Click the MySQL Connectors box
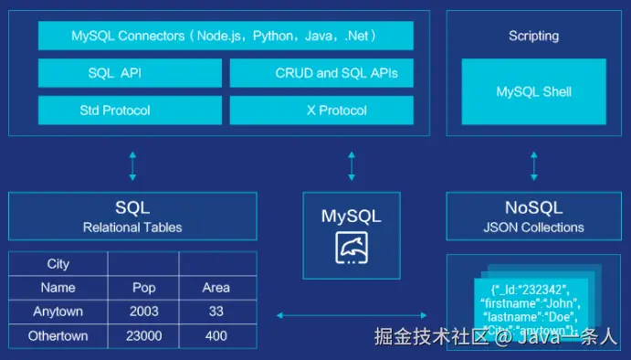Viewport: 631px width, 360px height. [x=226, y=36]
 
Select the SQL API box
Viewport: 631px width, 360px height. [x=130, y=73]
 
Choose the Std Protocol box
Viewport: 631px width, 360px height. [x=130, y=111]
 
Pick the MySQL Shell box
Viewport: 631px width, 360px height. [x=533, y=91]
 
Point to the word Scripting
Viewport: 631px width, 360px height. [x=533, y=36]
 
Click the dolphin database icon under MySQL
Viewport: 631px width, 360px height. [x=351, y=248]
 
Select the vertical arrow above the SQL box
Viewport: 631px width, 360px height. [x=132, y=165]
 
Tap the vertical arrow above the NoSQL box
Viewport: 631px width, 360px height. [x=533, y=165]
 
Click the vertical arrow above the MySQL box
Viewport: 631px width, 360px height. [x=352, y=165]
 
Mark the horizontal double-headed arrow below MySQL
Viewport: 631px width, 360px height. [x=351, y=315]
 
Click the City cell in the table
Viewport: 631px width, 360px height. [x=58, y=264]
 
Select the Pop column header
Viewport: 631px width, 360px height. [x=143, y=288]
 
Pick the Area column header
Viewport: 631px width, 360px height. [x=216, y=288]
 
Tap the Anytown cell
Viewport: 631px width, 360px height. [x=58, y=312]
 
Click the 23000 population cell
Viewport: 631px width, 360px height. [x=143, y=335]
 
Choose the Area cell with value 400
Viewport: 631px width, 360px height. [x=216, y=335]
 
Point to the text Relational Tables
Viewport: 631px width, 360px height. [x=132, y=228]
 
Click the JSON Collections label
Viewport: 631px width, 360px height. [x=533, y=228]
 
